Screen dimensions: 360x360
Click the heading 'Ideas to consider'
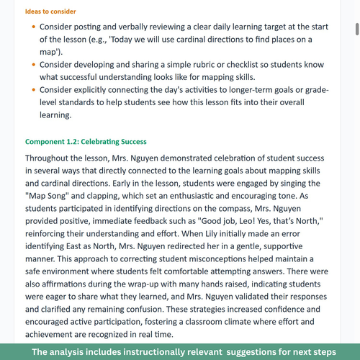coord(50,12)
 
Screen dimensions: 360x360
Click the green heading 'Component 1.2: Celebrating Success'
coord(86,142)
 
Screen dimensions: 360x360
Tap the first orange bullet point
coord(33,27)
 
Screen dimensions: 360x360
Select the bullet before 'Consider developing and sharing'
coord(33,65)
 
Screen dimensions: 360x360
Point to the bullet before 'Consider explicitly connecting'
coord(33,91)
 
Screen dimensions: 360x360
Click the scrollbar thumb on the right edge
coord(355,29)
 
